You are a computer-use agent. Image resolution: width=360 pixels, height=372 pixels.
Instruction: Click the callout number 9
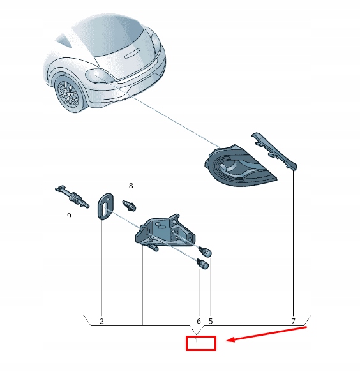[x=69, y=216]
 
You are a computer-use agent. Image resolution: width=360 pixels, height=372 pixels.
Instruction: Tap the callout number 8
[x=131, y=186]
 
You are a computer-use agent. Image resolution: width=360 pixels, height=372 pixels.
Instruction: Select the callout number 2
[x=101, y=321]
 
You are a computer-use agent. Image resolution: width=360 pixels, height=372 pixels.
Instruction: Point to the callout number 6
[x=199, y=321]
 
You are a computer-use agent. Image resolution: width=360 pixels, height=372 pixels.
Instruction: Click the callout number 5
[x=211, y=321]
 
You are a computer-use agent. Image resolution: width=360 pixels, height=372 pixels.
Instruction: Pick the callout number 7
[x=293, y=321]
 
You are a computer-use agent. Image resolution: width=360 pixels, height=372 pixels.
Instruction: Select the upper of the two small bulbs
[x=206, y=251]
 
